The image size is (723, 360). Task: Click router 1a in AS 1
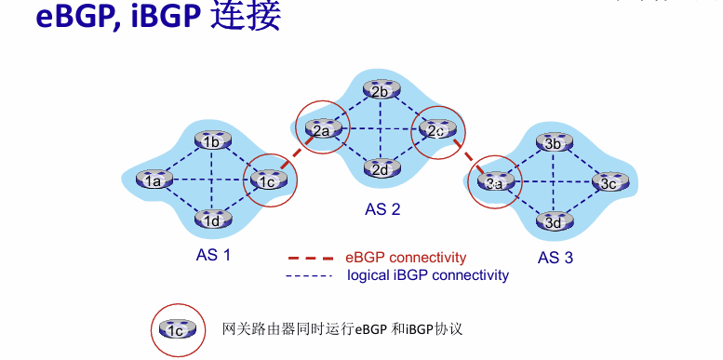(154, 180)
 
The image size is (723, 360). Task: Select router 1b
(211, 140)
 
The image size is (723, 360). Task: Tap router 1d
(211, 220)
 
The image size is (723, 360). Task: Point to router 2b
(381, 90)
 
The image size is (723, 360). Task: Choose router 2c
(437, 129)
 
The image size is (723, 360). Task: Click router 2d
(381, 168)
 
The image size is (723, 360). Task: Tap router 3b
(554, 142)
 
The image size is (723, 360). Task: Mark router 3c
(610, 182)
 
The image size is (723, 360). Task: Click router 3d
(554, 220)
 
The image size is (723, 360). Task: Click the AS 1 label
(213, 255)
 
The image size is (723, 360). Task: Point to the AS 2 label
(382, 209)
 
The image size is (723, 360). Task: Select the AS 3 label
(556, 257)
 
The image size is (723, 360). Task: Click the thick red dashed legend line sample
(310, 258)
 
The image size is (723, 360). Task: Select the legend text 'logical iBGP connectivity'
(428, 275)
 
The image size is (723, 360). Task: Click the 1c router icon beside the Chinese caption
(178, 329)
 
